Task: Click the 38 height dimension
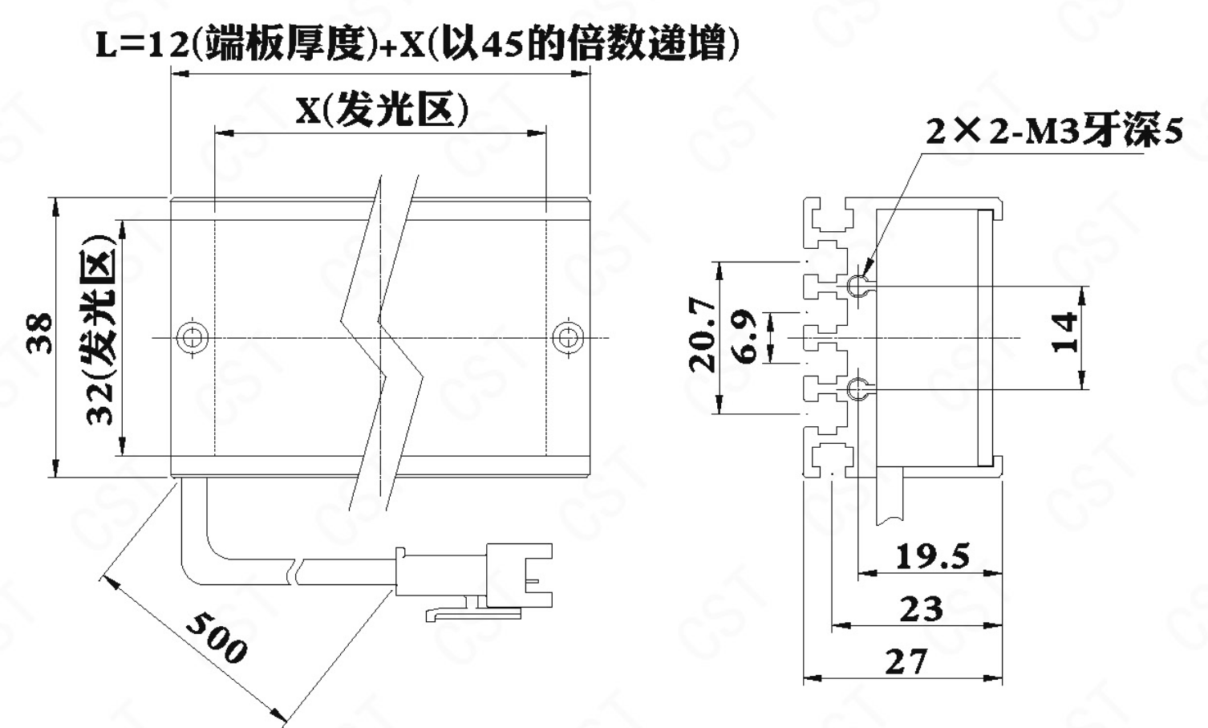[40, 333]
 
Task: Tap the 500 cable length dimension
[217, 636]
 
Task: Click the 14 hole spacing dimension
[1064, 332]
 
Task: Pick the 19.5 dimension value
[932, 556]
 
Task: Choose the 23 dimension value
[921, 608]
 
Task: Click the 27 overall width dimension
[906, 661]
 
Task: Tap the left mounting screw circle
[193, 338]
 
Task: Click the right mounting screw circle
[568, 338]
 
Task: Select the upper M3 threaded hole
[858, 285]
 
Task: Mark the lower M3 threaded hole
[858, 388]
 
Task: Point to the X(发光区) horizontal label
[382, 108]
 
